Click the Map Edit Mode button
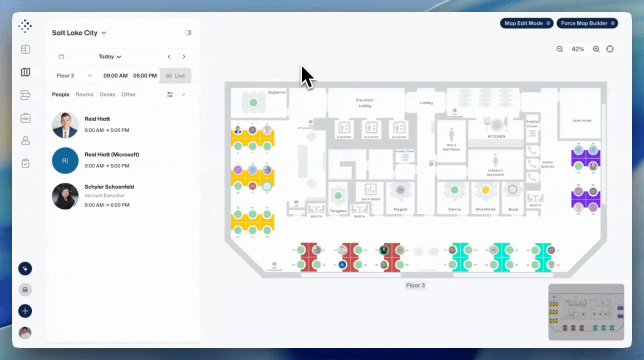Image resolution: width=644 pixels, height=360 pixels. [526, 23]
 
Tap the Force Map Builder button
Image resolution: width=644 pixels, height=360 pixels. [587, 23]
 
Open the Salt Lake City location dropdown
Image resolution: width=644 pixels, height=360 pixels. [79, 33]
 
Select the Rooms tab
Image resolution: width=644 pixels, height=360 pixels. [84, 94]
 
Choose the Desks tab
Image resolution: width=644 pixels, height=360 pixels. [107, 94]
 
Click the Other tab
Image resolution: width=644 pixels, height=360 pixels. [128, 94]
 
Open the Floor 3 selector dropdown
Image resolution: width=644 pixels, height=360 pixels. [74, 75]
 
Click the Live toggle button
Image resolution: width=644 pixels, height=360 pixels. [175, 75]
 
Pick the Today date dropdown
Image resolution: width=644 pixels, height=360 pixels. [109, 56]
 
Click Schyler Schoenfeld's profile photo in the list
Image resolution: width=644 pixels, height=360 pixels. [65, 195]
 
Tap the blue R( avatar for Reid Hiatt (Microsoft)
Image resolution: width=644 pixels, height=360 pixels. [65, 160]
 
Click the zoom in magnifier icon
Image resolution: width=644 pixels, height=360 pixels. [596, 49]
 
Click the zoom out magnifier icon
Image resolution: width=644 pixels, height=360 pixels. [560, 49]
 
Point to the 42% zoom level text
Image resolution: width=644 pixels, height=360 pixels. [578, 49]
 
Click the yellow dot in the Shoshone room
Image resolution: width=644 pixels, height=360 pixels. [485, 190]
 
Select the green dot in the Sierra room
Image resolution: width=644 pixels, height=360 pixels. [454, 190]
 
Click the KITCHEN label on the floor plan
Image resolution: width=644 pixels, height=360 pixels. [496, 136]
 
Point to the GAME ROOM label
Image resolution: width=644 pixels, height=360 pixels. [582, 121]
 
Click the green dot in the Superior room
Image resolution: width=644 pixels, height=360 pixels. [253, 102]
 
